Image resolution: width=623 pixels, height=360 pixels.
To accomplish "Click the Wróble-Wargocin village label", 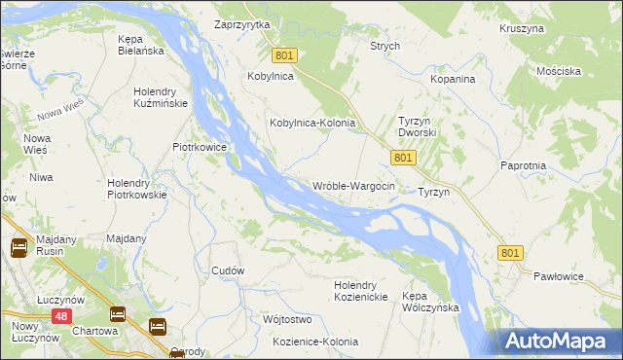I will pyautogui.click(x=352, y=186).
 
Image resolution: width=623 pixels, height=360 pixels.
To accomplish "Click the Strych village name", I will pyautogui.click(x=385, y=46).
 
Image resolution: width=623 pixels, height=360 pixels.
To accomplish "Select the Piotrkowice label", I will pyautogui.click(x=200, y=147).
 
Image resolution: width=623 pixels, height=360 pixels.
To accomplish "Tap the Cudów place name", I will pyautogui.click(x=228, y=270).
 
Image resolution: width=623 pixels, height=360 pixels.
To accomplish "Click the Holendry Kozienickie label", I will pyautogui.click(x=360, y=291).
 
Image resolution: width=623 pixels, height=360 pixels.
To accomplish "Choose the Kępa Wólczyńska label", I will pyautogui.click(x=429, y=301).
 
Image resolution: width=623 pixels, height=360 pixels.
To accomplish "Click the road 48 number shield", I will pyautogui.click(x=61, y=316).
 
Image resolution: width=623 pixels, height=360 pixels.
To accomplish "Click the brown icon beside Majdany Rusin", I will pyautogui.click(x=18, y=249).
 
